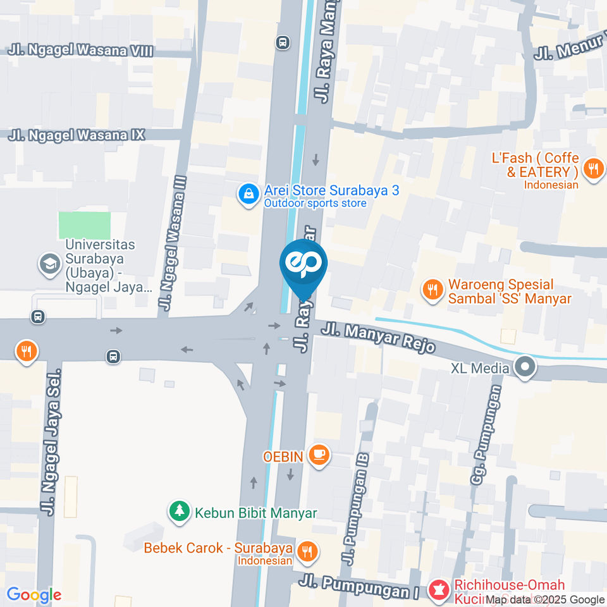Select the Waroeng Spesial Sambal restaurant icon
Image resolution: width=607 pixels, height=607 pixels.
click(432, 291)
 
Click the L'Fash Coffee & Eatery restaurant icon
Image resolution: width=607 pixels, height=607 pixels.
click(592, 169)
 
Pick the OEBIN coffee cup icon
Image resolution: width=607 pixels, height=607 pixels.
click(320, 455)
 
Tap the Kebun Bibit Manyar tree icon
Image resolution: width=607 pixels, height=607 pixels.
click(180, 512)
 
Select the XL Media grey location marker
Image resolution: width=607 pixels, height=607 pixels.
click(524, 368)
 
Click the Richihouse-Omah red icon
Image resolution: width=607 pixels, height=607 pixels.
click(437, 591)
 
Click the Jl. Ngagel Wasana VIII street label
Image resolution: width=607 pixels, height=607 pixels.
click(81, 51)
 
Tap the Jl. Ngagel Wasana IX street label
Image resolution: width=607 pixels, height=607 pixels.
click(77, 135)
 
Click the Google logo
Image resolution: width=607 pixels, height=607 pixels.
click(34, 594)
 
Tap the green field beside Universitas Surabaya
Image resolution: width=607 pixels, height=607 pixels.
click(84, 226)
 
